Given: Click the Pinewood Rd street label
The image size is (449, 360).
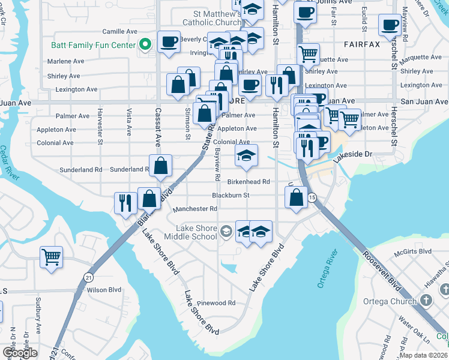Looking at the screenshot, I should (218, 303).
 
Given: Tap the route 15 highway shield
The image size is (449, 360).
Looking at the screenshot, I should (312, 197).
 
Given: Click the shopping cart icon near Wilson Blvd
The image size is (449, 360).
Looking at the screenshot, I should (52, 257).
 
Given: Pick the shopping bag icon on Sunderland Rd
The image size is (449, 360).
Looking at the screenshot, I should (161, 166).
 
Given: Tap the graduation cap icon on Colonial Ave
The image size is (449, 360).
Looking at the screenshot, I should (246, 155).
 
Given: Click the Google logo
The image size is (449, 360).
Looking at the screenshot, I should (20, 353).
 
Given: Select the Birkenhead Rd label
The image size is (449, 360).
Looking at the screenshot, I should (249, 181).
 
